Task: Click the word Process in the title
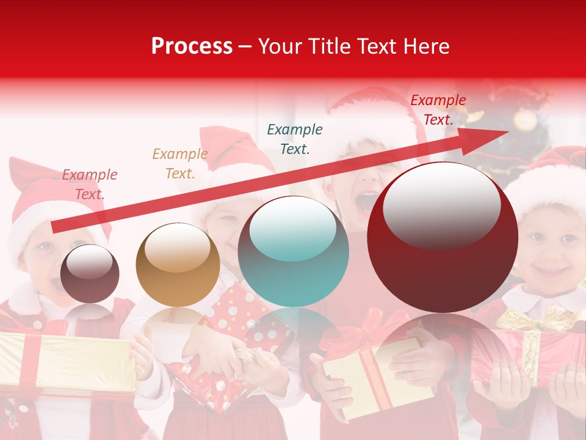click(192, 46)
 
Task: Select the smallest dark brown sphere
click(90, 274)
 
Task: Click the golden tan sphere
click(178, 265)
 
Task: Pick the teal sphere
click(294, 251)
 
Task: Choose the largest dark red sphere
click(443, 238)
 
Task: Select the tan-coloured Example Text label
click(180, 164)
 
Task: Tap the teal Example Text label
click(295, 139)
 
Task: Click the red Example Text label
click(438, 110)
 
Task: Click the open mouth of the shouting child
click(367, 200)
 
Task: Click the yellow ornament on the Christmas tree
click(525, 120)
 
